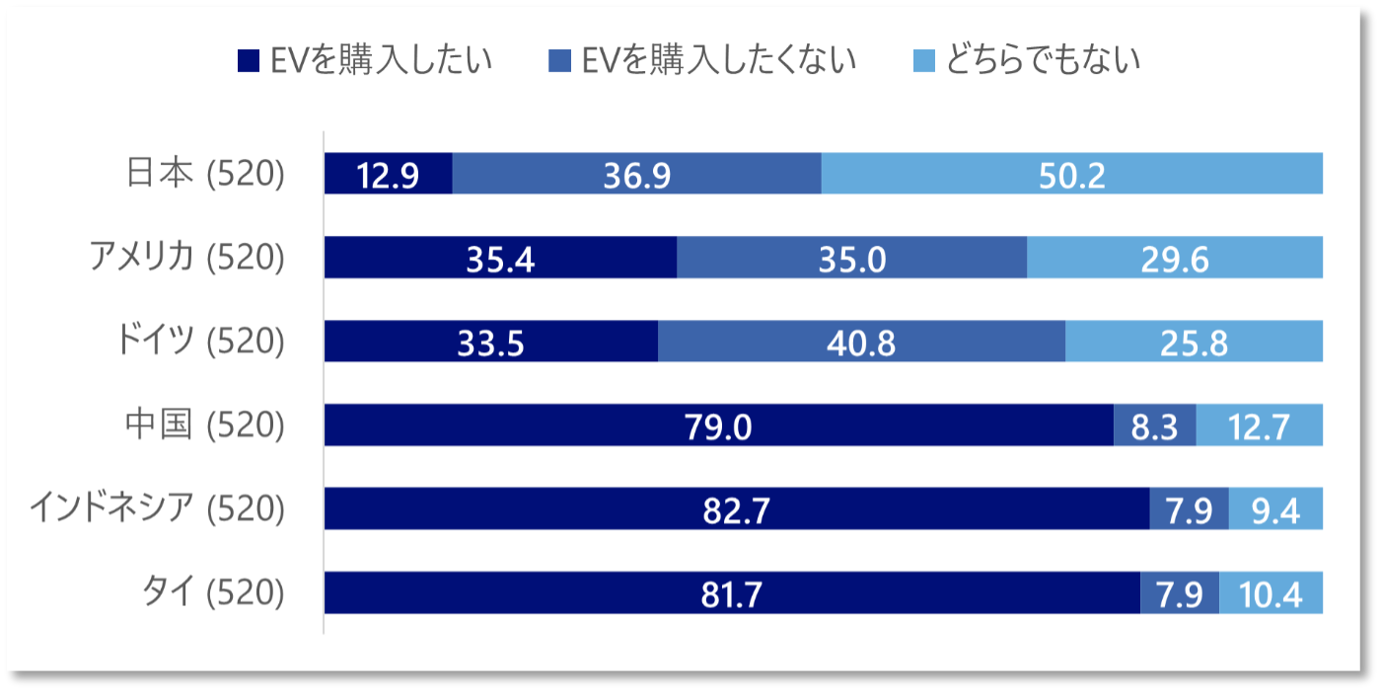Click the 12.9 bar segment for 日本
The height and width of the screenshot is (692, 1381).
(x=388, y=175)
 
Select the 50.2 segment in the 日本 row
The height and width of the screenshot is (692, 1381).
(x=1071, y=175)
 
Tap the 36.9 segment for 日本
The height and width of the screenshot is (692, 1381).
(x=636, y=175)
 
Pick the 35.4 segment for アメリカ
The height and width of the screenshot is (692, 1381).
(x=500, y=259)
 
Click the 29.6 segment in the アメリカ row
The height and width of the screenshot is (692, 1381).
(x=1174, y=259)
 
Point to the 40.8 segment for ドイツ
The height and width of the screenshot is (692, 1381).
(x=861, y=342)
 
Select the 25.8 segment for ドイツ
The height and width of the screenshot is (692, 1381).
(x=1194, y=342)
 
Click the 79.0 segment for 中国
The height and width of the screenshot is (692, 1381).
(x=718, y=425)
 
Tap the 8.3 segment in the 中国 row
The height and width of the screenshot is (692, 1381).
(x=1154, y=425)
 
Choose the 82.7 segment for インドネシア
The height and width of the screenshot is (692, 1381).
(x=736, y=509)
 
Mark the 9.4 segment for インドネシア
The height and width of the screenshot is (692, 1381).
(x=1275, y=509)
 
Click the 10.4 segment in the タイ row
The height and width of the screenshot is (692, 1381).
(x=1271, y=593)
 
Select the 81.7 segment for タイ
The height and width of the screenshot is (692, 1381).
(x=731, y=593)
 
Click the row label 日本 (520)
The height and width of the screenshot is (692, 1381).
(x=205, y=175)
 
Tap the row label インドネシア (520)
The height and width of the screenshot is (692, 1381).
(x=157, y=509)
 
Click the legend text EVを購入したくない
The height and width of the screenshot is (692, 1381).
(x=718, y=60)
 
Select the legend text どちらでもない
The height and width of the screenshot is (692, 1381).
(x=1043, y=60)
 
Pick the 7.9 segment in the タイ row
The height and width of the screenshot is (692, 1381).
(x=1179, y=593)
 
